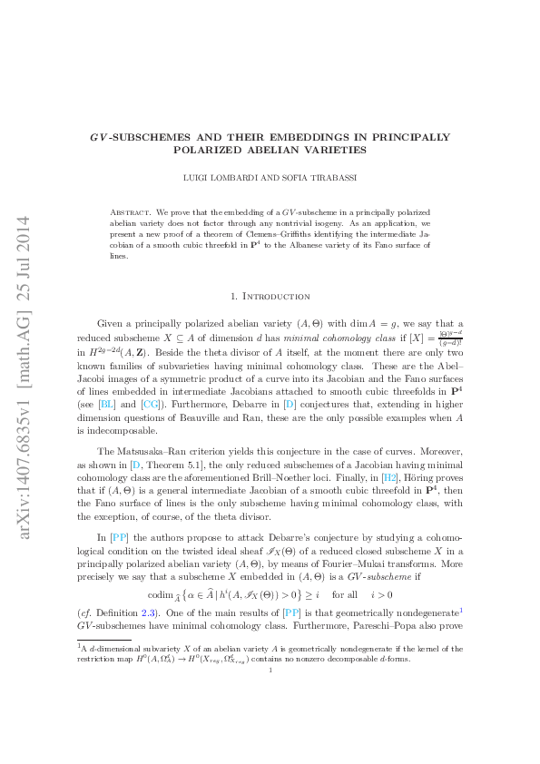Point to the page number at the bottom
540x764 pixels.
click(x=270, y=671)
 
